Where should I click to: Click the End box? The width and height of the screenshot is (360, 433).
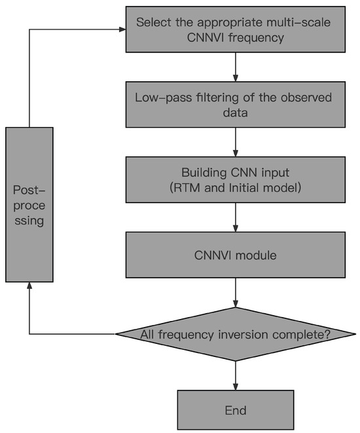coord(235,410)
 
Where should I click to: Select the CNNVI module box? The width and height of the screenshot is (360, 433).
coord(235,255)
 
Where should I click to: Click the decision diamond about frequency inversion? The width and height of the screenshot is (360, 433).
coord(235,334)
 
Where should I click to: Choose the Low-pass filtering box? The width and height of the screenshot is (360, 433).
coord(235,105)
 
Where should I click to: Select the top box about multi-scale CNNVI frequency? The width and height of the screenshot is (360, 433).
coord(235,29)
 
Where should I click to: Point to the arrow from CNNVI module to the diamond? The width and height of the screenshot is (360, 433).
coord(235,293)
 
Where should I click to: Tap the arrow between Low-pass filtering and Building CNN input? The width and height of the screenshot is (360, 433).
coord(235,142)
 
